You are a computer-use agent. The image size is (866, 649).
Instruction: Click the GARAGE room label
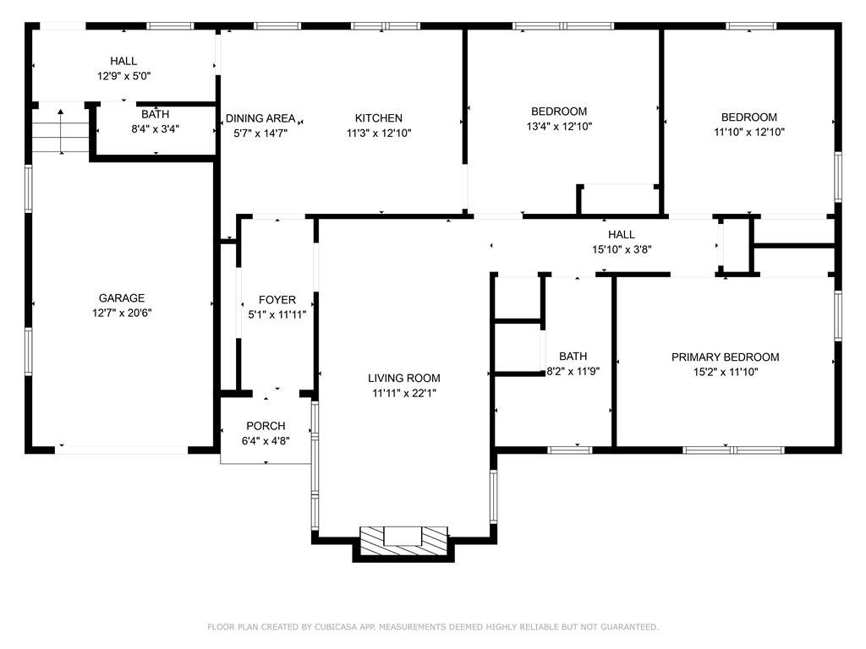[x=122, y=298]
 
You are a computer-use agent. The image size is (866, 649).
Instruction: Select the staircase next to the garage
[x=61, y=132]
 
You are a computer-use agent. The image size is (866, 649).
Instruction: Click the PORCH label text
[x=266, y=426]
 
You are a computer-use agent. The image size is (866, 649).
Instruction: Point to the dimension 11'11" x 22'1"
[x=404, y=393]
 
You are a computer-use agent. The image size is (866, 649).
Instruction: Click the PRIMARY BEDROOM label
[x=725, y=357]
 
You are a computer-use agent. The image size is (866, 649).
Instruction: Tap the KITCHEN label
[x=378, y=118]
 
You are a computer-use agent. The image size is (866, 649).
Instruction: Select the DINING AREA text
[x=260, y=118]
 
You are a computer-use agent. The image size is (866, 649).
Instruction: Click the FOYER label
[x=277, y=300]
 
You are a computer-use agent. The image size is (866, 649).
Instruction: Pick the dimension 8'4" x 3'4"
[x=155, y=129]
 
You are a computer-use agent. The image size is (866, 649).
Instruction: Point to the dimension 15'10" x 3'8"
[x=621, y=249]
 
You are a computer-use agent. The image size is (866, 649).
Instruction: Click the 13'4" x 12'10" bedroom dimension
[x=558, y=127]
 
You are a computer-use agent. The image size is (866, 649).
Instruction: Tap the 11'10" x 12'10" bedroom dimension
[x=748, y=132]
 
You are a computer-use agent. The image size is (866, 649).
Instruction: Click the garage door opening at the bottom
[x=122, y=450]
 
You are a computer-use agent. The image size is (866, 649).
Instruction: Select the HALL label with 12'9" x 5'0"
[x=123, y=61]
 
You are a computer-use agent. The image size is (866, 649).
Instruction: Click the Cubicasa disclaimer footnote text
[x=433, y=627]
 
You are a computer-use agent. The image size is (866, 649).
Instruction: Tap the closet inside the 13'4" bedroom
[x=618, y=199]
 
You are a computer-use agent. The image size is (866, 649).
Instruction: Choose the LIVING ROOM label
[x=404, y=379]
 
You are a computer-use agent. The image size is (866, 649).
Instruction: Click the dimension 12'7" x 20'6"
[x=122, y=313]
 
